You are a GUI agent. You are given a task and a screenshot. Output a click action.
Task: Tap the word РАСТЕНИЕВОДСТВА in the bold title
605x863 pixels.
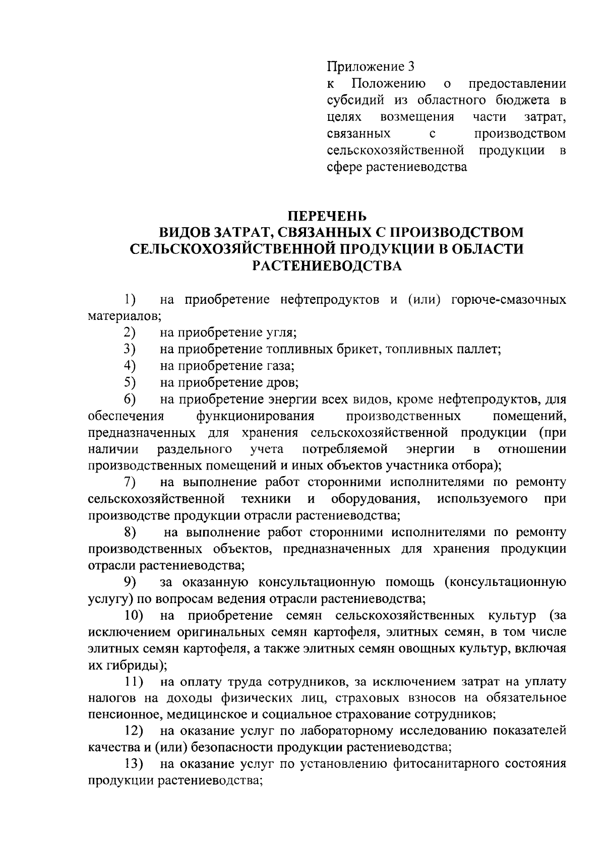[327, 266]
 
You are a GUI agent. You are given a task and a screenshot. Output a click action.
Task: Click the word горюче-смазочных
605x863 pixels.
[509, 300]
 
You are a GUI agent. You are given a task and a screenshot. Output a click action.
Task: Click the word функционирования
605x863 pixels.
[256, 416]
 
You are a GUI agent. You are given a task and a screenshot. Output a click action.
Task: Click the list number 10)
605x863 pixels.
[134, 616]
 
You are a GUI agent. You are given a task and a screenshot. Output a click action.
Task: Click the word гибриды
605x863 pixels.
[132, 666]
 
